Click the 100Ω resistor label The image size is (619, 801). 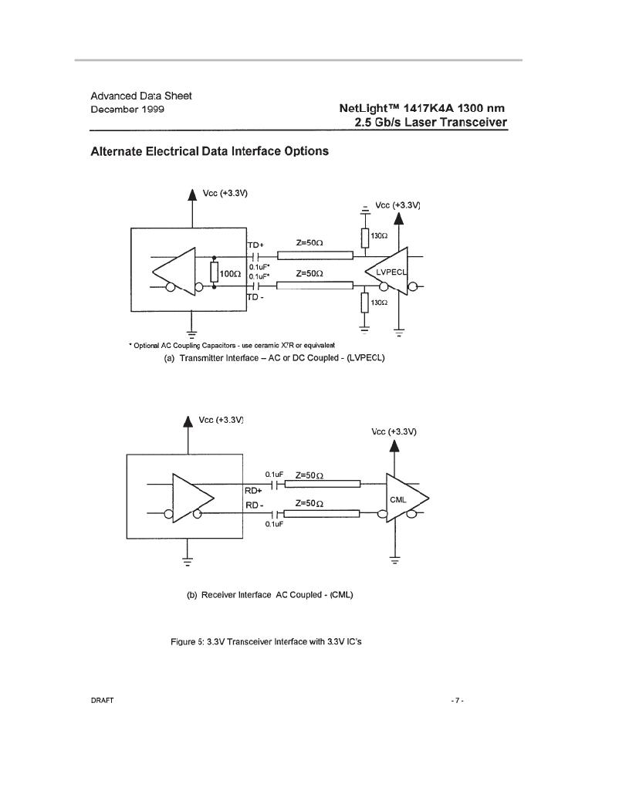[230, 274]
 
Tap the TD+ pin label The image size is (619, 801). [255, 245]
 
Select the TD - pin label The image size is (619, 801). [255, 297]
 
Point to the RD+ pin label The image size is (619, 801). [253, 491]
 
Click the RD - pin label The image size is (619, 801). [255, 505]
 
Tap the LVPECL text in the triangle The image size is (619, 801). [391, 272]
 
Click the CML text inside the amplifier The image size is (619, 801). [398, 499]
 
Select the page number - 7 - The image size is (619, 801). [457, 701]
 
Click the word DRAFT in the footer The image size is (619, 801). [102, 701]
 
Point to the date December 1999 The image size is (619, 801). [127, 110]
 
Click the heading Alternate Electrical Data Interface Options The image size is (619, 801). [210, 151]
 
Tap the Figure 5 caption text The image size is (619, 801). [266, 641]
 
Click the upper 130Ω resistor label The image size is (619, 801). [379, 236]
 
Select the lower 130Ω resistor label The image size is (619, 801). [379, 302]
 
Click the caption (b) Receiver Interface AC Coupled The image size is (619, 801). [270, 595]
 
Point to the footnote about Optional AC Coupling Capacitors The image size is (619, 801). [232, 346]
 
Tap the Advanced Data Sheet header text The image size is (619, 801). [141, 96]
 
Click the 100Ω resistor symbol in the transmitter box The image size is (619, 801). [214, 272]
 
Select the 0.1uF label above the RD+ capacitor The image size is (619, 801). [274, 475]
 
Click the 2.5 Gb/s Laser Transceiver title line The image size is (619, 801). [431, 123]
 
